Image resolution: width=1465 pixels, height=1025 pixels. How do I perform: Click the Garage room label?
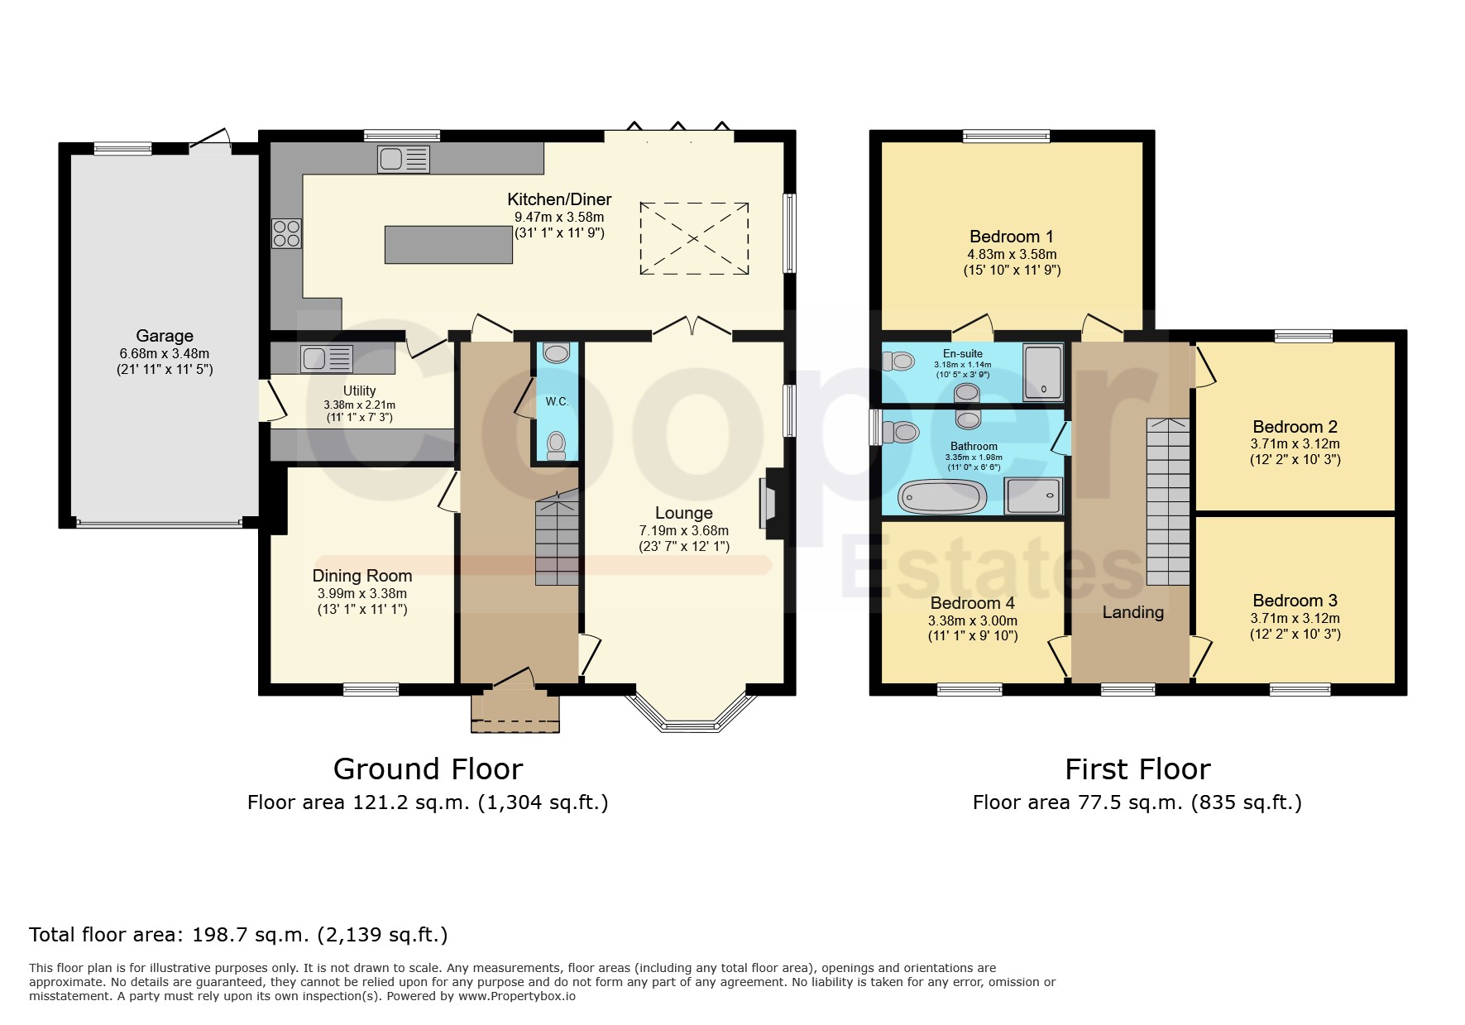click(x=165, y=336)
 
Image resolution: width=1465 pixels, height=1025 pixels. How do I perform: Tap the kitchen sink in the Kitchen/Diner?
click(x=404, y=159)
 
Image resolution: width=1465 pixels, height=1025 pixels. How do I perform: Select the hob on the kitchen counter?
click(x=286, y=232)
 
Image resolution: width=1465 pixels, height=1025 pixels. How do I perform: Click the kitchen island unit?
click(x=448, y=244)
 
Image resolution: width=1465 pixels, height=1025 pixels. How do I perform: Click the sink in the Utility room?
click(x=328, y=358)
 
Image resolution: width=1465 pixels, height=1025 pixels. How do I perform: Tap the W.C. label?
click(x=557, y=402)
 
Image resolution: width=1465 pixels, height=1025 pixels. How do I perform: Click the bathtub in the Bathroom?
click(x=943, y=497)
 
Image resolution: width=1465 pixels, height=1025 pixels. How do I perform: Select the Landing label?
click(x=1133, y=612)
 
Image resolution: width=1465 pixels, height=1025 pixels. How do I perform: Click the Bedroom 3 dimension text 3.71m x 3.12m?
click(x=1295, y=619)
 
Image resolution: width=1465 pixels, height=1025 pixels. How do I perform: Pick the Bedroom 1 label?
click(x=1012, y=237)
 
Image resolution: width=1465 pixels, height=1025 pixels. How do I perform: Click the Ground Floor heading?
click(x=428, y=769)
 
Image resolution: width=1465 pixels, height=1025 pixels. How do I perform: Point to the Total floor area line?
click(x=238, y=936)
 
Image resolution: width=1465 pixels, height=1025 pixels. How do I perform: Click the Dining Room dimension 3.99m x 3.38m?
click(x=362, y=594)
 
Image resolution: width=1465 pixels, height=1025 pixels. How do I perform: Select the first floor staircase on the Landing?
click(x=1168, y=502)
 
